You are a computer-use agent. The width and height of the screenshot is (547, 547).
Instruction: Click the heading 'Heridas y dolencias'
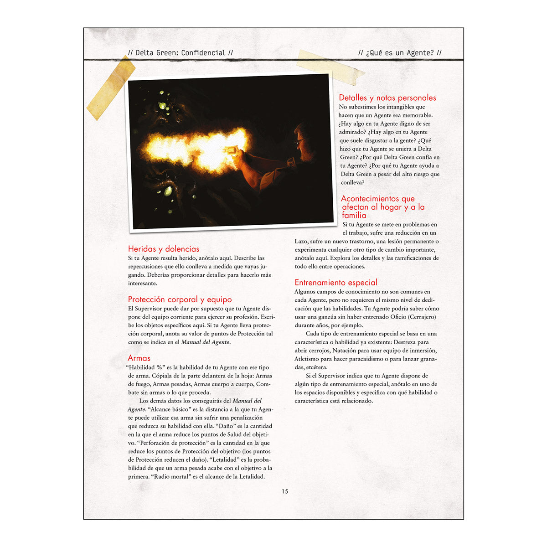(164, 249)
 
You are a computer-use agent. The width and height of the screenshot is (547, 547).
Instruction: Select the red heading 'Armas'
(139, 358)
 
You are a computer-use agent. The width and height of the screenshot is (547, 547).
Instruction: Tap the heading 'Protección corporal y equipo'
(180, 299)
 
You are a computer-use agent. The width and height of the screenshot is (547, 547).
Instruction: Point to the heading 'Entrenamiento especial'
(336, 283)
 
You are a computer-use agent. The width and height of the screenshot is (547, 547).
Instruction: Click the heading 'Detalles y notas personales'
(387, 98)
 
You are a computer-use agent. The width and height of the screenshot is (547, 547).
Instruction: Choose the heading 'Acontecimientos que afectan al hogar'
(382, 207)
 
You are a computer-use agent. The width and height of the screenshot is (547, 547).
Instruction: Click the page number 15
(285, 491)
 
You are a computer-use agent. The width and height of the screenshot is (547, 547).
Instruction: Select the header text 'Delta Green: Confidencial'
(181, 53)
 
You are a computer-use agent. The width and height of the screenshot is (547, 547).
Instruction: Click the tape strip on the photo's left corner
(111, 88)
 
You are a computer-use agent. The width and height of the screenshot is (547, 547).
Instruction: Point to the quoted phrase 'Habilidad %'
(145, 367)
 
